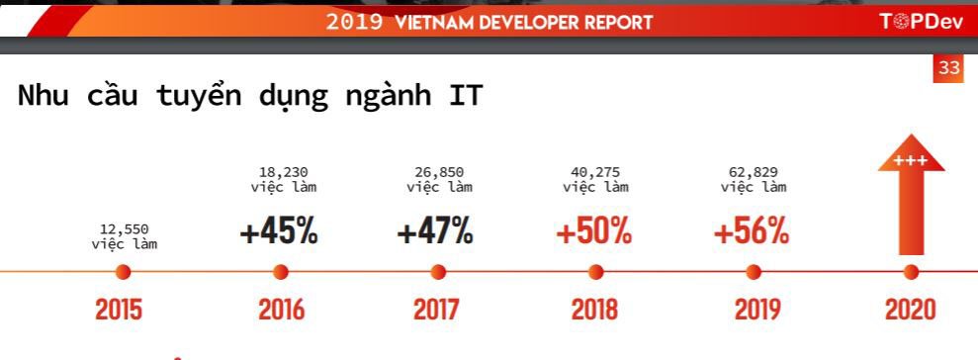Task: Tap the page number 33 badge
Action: pos(949,68)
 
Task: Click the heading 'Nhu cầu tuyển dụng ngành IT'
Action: pos(249,97)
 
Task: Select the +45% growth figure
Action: pos(279,231)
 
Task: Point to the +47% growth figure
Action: pos(435,231)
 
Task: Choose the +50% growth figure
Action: pos(593,231)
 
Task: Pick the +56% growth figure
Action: pos(752,231)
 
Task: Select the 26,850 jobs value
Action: pos(439,172)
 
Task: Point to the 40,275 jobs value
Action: pos(596,172)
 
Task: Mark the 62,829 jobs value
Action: pos(754,172)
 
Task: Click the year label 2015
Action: pos(119,309)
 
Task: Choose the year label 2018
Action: pos(594,309)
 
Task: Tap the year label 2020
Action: pos(910,309)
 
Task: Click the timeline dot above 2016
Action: pos(281,271)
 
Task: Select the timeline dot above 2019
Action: pos(754,271)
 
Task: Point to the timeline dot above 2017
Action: pos(438,271)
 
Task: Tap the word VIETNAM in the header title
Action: pos(441,22)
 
